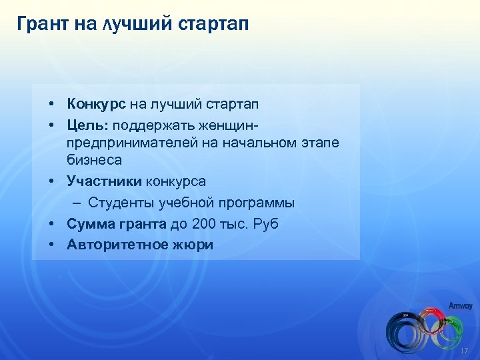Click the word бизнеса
coord(94,160)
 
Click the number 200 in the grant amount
coord(203,224)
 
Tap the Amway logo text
coord(460,306)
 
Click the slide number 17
coord(465,351)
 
